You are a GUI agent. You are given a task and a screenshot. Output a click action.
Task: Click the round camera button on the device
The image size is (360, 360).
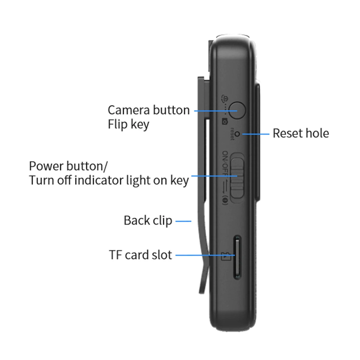[237, 109]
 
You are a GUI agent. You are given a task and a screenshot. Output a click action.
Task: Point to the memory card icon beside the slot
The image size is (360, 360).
[225, 257]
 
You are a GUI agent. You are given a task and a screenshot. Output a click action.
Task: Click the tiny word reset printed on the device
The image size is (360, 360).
[232, 134]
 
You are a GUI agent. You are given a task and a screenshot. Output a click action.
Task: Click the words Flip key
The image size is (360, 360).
[128, 125]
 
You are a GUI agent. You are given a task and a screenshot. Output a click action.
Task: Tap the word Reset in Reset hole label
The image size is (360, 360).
[286, 133]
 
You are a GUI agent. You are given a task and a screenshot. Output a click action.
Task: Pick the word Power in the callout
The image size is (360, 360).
[46, 166]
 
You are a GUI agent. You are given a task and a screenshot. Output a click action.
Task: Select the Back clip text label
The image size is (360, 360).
[148, 220]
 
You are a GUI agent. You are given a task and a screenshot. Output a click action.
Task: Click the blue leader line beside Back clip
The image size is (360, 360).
[184, 221]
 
